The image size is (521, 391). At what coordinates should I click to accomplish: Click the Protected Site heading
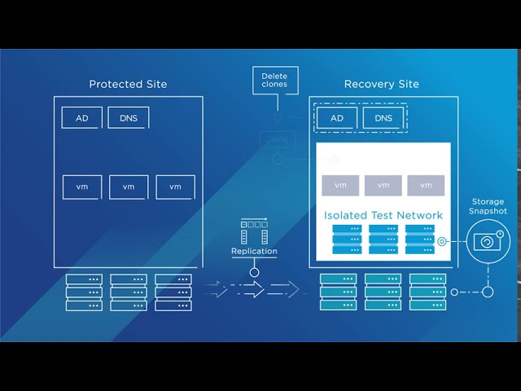(127, 84)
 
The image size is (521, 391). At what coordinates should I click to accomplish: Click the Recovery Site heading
(381, 84)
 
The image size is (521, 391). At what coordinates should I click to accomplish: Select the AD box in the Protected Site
(82, 118)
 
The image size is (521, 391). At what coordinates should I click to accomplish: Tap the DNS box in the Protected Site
(128, 118)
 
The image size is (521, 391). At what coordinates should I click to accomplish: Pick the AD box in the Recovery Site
(337, 118)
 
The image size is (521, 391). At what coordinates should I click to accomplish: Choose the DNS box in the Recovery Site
(383, 118)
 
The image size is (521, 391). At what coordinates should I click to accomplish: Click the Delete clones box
(274, 81)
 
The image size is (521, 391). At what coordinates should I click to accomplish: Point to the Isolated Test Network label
(383, 216)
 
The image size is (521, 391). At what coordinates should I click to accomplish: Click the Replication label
(254, 252)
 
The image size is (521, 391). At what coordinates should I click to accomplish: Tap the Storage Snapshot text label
(488, 206)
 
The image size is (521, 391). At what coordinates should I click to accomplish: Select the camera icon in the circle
(488, 242)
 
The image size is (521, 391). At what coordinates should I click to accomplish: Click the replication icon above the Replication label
(254, 231)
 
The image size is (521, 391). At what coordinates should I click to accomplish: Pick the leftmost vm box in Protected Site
(82, 187)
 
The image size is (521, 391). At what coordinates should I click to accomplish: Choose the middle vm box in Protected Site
(129, 187)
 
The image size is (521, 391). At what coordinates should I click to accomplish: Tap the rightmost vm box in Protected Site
(175, 187)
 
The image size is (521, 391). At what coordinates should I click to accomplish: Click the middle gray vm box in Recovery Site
(383, 185)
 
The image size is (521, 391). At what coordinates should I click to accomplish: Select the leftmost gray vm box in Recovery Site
(340, 185)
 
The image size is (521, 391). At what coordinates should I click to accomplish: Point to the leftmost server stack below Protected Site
(84, 292)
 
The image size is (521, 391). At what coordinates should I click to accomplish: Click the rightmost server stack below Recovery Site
(427, 292)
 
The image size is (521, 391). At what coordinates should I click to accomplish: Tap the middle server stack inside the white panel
(383, 239)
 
